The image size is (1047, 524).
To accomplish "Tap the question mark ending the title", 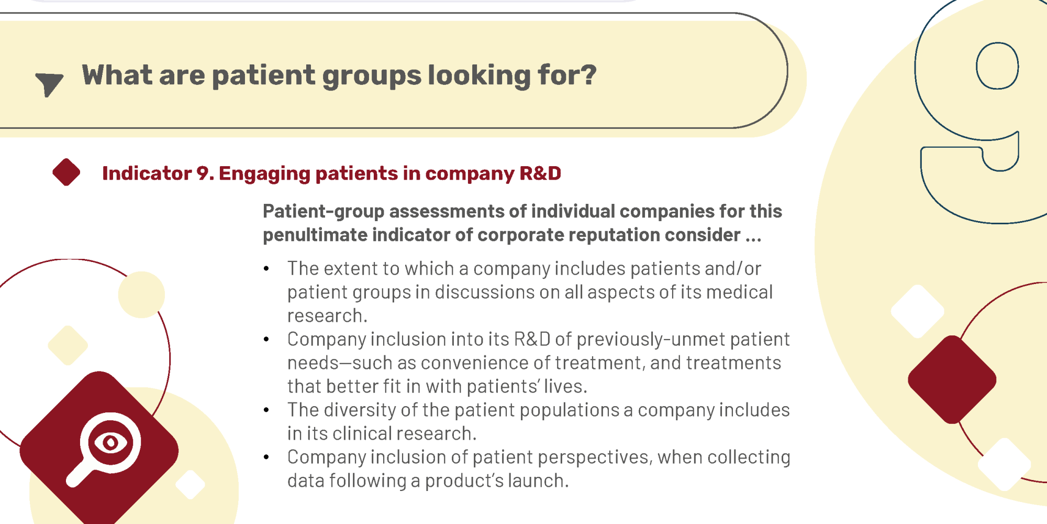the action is [588, 74].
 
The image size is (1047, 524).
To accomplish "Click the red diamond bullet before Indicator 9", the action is [66, 172].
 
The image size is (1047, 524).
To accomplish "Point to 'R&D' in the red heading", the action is [540, 173].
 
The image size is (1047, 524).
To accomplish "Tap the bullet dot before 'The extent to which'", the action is [266, 268].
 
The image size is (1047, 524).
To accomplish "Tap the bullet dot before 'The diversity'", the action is [266, 410].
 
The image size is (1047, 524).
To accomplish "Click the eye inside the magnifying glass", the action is [110, 443].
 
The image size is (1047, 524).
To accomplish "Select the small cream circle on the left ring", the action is [141, 294].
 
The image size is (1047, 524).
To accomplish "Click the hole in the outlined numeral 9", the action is [997, 66].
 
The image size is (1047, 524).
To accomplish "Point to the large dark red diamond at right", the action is [952, 379].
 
